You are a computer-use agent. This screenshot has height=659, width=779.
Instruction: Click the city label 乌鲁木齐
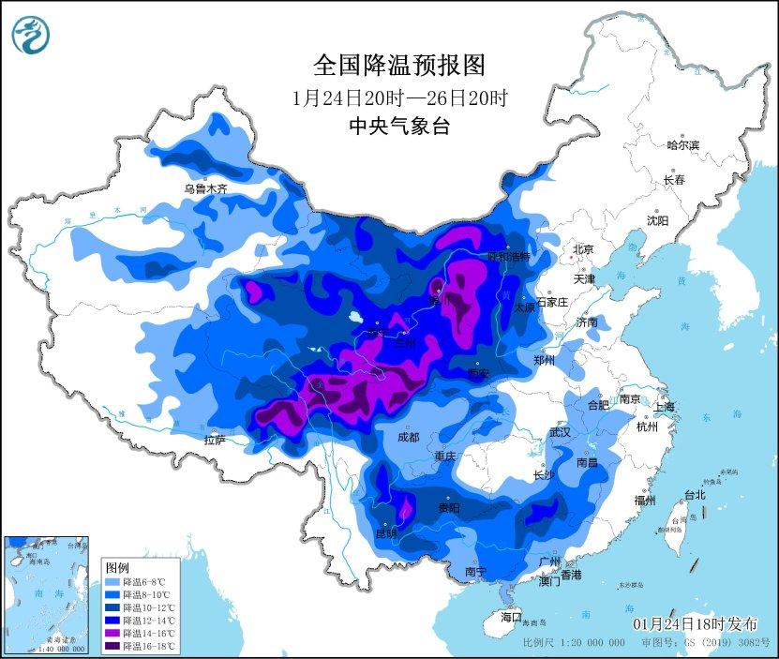click(x=205, y=188)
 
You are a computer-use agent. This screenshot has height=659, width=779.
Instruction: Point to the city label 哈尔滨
click(x=682, y=145)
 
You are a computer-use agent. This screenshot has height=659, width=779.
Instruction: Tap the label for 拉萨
click(x=215, y=440)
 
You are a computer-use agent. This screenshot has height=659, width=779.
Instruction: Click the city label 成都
click(x=407, y=438)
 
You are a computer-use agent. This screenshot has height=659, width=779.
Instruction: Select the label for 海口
click(x=510, y=617)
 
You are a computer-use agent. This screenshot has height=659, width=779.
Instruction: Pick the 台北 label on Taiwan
click(x=694, y=495)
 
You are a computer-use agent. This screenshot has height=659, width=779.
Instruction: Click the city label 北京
click(x=583, y=249)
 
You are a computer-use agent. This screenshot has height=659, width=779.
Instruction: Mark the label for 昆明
click(x=386, y=534)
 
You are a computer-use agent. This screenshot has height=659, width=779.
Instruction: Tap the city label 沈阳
click(x=657, y=221)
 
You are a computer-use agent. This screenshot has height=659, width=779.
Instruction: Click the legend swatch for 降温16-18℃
click(x=111, y=645)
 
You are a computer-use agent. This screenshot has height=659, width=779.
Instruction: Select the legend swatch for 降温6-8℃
click(x=111, y=582)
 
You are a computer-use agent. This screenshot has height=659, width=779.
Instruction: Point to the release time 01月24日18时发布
click(x=694, y=624)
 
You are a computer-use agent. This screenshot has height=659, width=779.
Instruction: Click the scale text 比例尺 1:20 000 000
click(x=574, y=643)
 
